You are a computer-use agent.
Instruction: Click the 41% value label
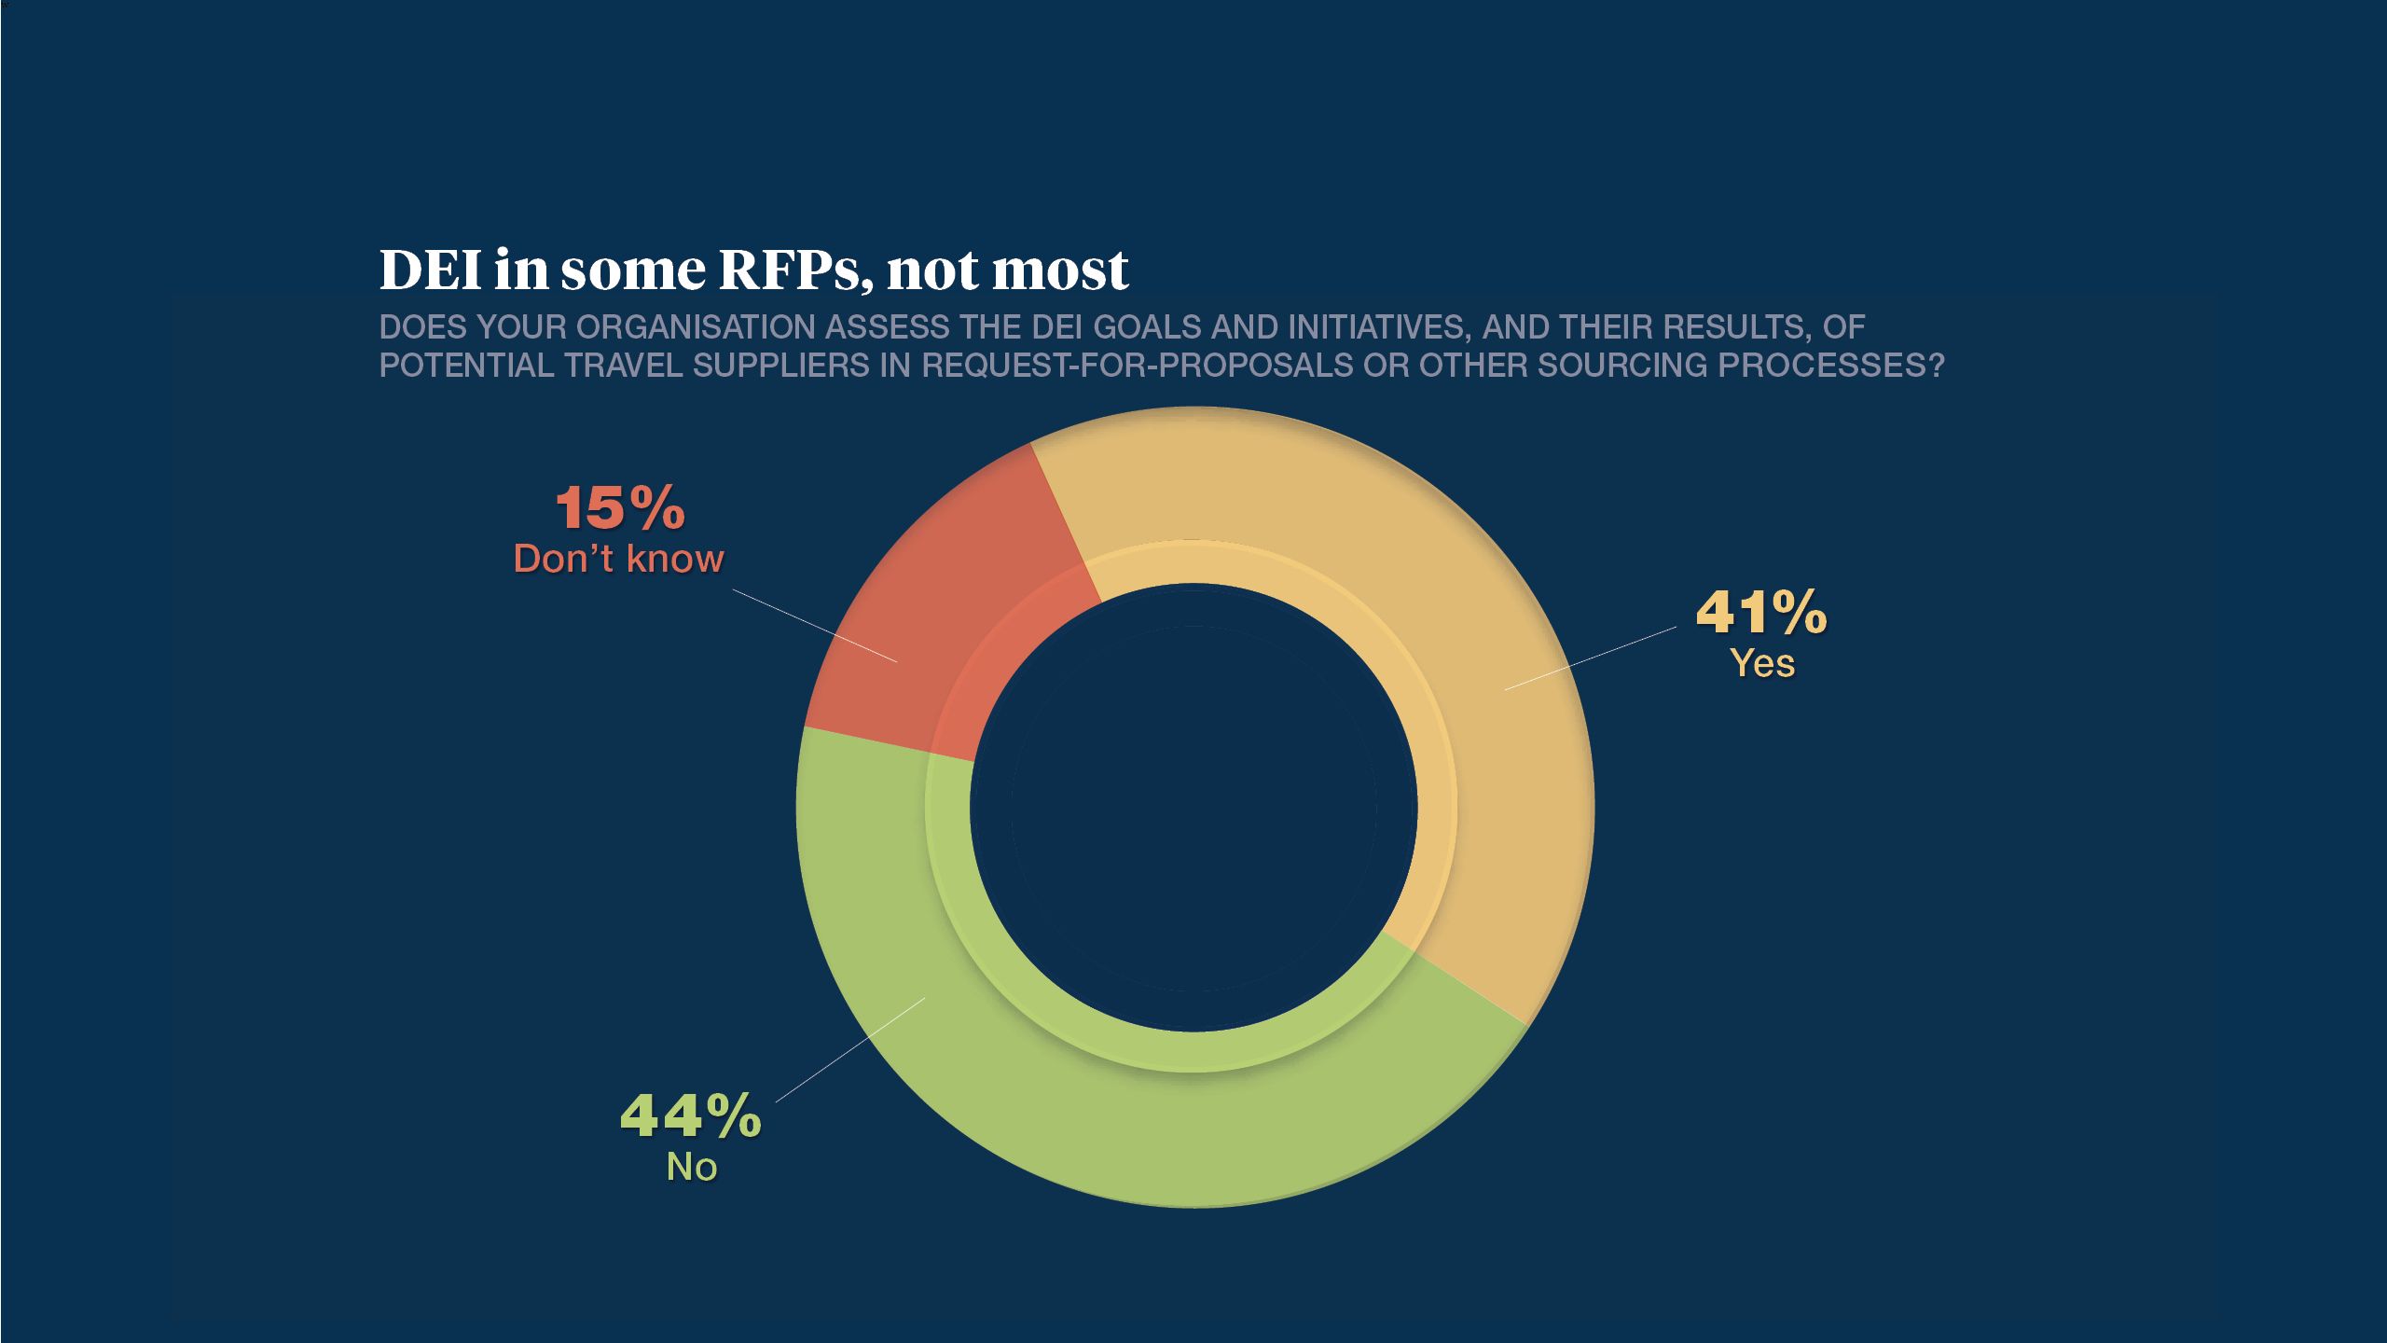tap(1760, 613)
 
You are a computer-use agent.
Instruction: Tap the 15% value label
tap(620, 509)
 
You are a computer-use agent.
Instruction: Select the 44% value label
tap(690, 1115)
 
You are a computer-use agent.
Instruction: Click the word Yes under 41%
tap(1762, 664)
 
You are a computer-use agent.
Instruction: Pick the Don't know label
tap(618, 559)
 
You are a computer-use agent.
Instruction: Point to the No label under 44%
tap(691, 1167)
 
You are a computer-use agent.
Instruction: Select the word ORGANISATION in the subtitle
tap(696, 327)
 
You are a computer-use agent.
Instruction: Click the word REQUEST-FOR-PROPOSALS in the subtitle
tap(1137, 366)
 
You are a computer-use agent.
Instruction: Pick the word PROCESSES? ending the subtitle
tap(1831, 366)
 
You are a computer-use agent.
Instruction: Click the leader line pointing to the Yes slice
tap(1590, 658)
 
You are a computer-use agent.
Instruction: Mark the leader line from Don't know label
tap(814, 625)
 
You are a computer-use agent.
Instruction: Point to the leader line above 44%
tap(849, 1050)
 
